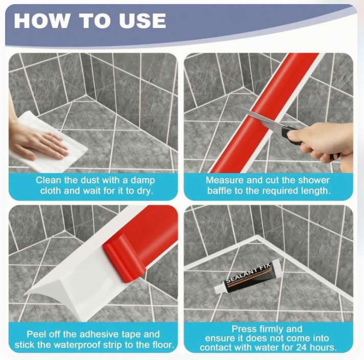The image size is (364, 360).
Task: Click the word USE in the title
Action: (142, 20)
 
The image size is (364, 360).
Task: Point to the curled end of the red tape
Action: (124, 258)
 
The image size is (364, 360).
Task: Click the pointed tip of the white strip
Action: (25, 294)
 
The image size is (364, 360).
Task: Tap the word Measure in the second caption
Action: (225, 180)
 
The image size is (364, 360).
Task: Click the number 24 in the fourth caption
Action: (301, 348)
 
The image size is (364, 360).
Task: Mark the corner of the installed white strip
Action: (257, 237)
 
